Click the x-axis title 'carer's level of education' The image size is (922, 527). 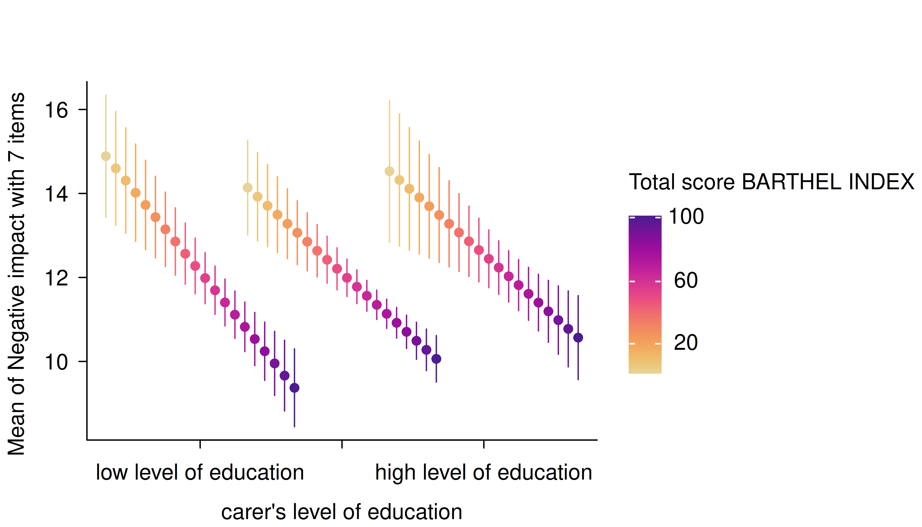tap(342, 512)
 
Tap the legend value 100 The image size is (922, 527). tap(686, 217)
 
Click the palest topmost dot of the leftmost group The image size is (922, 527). tap(106, 156)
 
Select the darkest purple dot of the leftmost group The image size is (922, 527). tap(295, 388)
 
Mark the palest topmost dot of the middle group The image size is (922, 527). tap(247, 188)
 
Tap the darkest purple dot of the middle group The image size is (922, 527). tap(436, 359)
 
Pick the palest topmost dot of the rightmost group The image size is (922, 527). tap(389, 171)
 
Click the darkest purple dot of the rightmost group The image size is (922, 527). tap(578, 338)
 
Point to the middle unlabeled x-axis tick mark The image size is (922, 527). tap(342, 444)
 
